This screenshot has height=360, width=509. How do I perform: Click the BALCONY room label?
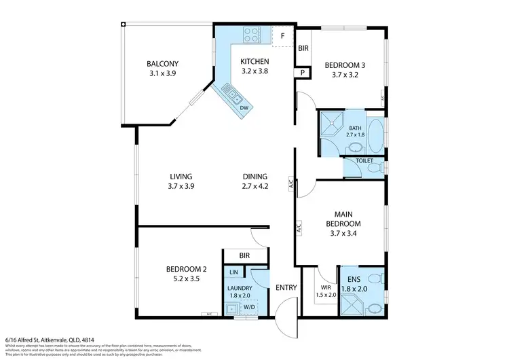click(162, 65)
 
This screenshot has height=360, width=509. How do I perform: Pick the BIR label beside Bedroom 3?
click(303, 49)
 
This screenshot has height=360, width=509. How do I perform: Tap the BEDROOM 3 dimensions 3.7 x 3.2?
click(345, 75)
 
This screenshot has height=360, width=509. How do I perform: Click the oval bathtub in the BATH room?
click(375, 135)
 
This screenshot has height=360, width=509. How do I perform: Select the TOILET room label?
click(364, 161)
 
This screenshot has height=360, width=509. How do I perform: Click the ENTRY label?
click(286, 287)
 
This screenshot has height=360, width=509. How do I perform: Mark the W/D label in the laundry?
click(249, 306)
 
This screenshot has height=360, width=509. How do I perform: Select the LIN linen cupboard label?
click(233, 272)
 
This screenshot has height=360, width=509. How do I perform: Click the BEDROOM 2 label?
click(186, 269)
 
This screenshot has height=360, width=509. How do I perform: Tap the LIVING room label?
click(181, 176)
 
